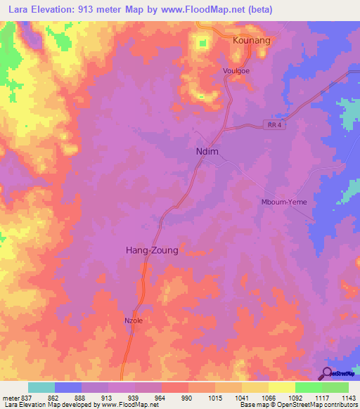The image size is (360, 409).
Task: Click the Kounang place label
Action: coord(251,41)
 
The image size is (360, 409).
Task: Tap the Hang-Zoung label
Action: coord(151,249)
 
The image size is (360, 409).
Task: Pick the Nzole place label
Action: coord(134,320)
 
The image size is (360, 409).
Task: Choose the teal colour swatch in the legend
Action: coord(41,387)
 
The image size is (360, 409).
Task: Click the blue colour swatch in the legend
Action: coord(68,387)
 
